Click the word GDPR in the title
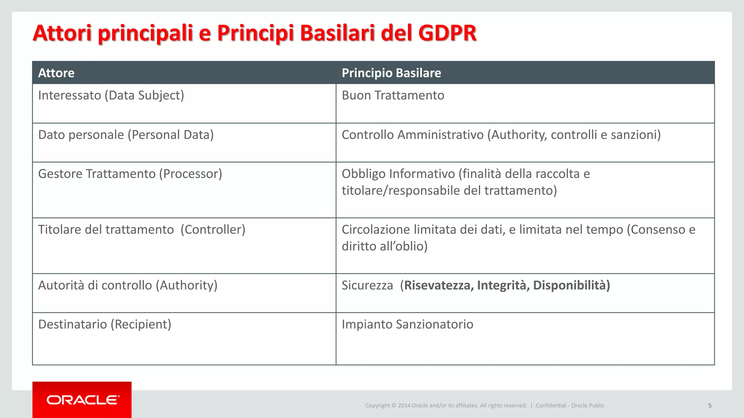click(x=447, y=33)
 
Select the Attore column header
click(x=56, y=73)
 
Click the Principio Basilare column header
click(x=391, y=73)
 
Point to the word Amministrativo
click(x=440, y=135)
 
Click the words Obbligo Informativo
click(x=398, y=174)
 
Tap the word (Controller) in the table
click(x=213, y=230)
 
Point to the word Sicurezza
click(x=367, y=285)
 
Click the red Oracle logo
click(x=82, y=400)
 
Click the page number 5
click(x=709, y=405)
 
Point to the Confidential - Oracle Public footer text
click(x=570, y=405)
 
